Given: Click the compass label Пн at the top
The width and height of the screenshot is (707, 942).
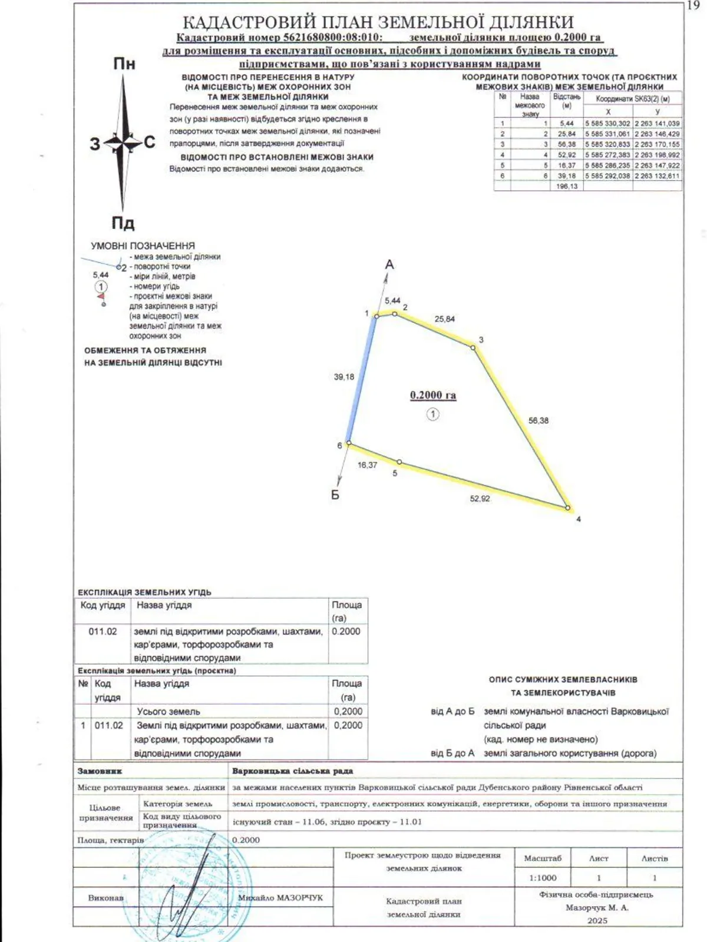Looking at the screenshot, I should pyautogui.click(x=124, y=64).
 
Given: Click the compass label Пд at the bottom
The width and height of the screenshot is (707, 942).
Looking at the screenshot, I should pyautogui.click(x=123, y=223).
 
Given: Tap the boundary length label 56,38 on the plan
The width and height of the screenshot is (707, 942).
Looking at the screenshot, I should pyautogui.click(x=538, y=420).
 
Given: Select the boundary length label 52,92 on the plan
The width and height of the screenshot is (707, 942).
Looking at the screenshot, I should pyautogui.click(x=480, y=499).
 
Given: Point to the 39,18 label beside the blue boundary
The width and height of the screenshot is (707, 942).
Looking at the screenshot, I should pyautogui.click(x=344, y=377).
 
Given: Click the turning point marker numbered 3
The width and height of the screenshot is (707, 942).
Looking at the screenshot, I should pyautogui.click(x=473, y=348).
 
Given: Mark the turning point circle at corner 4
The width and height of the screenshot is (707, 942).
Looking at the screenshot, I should pyautogui.click(x=567, y=508).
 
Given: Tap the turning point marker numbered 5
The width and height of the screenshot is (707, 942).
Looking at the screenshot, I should pyautogui.click(x=399, y=462).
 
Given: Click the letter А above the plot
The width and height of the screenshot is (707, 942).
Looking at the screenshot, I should pyautogui.click(x=389, y=265).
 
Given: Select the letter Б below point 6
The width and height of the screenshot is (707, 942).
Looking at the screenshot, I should pyautogui.click(x=335, y=495).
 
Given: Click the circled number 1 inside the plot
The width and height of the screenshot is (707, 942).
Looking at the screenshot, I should pyautogui.click(x=433, y=414).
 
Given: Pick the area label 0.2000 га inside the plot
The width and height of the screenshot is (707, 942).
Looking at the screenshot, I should pyautogui.click(x=433, y=395).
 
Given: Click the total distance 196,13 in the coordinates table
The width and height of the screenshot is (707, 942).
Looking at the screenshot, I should pyautogui.click(x=567, y=186).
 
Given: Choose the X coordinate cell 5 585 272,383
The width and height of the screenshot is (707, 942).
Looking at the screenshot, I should pyautogui.click(x=607, y=155).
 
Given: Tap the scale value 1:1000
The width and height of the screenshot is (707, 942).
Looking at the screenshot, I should pyautogui.click(x=543, y=878).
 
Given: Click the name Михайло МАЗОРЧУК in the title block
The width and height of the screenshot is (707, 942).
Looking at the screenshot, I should pyautogui.click(x=280, y=898).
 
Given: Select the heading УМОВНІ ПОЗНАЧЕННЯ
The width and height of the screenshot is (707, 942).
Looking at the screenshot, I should pyautogui.click(x=143, y=246).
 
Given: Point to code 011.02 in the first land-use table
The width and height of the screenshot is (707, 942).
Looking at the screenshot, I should pyautogui.click(x=103, y=631).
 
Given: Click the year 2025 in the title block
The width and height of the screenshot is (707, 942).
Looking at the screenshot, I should pyautogui.click(x=597, y=920).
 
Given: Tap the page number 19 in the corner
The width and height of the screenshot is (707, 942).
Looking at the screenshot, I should pyautogui.click(x=693, y=5).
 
